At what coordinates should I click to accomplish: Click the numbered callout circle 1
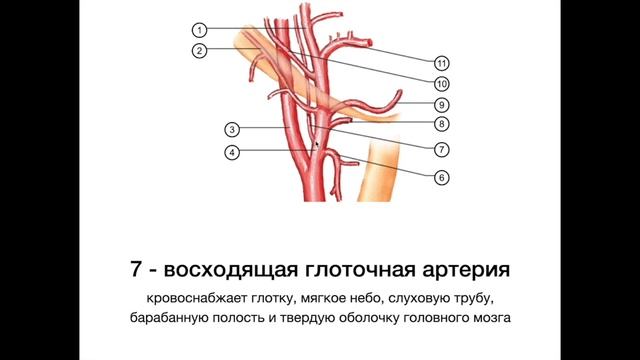(x=200, y=30)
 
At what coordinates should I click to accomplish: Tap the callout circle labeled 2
(x=200, y=51)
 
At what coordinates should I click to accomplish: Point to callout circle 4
(x=231, y=152)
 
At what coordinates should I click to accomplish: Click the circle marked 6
(x=441, y=177)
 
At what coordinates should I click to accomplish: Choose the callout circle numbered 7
(x=441, y=149)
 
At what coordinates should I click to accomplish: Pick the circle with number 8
(x=441, y=125)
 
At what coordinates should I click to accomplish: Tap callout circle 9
(x=441, y=104)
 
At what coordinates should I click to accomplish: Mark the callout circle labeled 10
(x=441, y=82)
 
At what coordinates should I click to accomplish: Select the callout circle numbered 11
(x=441, y=60)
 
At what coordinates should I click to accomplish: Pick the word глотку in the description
(x=271, y=300)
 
